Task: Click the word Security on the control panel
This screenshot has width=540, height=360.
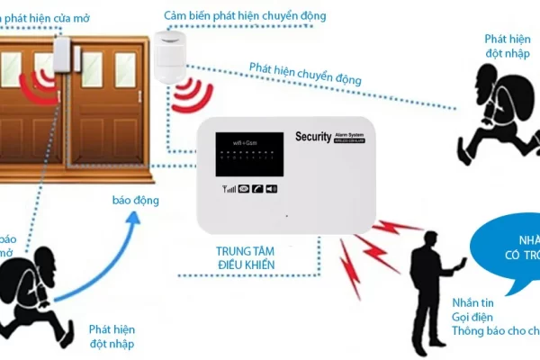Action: [x=313, y=137]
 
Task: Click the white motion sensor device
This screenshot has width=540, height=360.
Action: [x=167, y=56]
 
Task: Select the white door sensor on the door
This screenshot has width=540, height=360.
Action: [x=62, y=64]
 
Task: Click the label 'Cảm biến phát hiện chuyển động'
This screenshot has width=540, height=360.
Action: [x=245, y=16]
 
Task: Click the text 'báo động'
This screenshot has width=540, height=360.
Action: [x=135, y=200]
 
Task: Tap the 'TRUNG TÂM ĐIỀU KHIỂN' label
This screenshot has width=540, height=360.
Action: [x=245, y=257]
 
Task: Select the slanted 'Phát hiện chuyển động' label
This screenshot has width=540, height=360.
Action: [x=305, y=74]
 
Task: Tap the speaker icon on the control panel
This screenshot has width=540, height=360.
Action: [x=272, y=188]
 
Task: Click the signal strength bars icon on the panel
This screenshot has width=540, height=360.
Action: [x=229, y=188]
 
